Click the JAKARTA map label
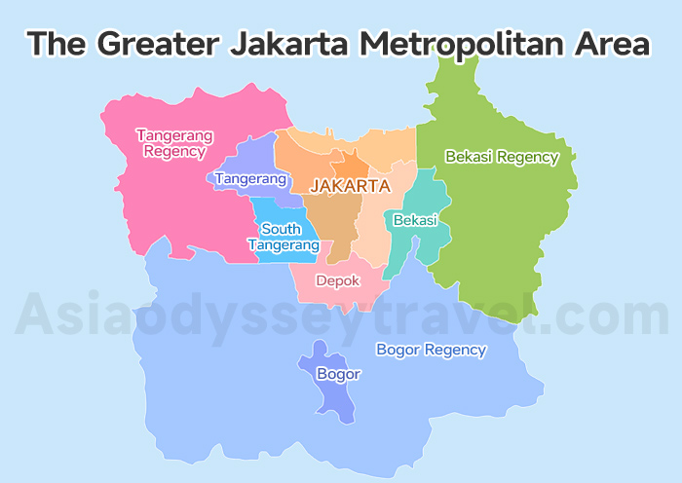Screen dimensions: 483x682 tap(350, 185)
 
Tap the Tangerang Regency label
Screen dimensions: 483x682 tap(174, 142)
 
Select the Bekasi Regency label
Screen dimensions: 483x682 tap(501, 157)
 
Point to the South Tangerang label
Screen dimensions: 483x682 tap(283, 237)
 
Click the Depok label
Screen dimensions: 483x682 tap(338, 280)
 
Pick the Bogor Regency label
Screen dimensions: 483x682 tap(431, 350)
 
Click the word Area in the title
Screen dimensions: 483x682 tap(613, 45)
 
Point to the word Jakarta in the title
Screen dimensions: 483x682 tap(292, 45)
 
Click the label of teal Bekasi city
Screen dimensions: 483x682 tap(415, 221)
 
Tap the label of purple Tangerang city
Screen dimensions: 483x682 tap(250, 179)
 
